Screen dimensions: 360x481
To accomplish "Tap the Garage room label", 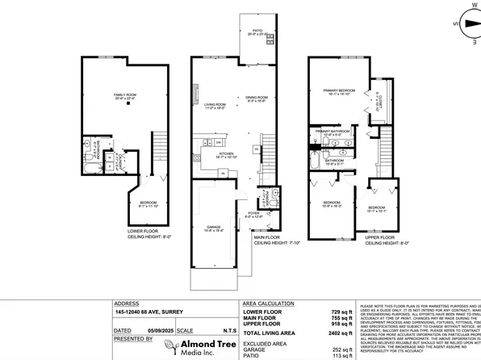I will coord(213,229).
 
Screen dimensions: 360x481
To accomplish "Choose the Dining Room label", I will coord(256,100).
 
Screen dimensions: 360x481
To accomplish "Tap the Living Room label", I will coord(215,106).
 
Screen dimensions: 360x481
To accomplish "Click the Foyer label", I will coord(254,215).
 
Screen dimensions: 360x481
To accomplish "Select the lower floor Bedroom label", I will coord(147,204).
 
